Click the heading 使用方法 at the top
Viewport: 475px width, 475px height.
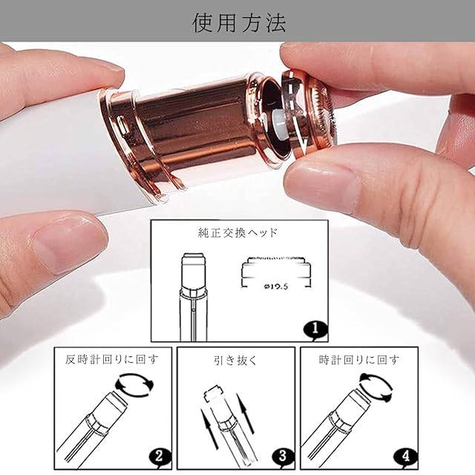coord(239,23)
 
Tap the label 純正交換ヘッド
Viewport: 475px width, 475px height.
coord(237,233)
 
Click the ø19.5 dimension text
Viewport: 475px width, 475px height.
coord(275,286)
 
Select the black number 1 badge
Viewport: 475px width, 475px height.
coord(315,330)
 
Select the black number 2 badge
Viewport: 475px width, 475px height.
coord(160,456)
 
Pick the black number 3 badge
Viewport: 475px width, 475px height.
coord(282,456)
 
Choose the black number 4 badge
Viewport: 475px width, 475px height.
coord(406,456)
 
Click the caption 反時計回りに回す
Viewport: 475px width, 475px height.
coord(112,359)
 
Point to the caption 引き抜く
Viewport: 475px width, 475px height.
coord(235,360)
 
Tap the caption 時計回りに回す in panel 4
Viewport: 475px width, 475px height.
coord(359,359)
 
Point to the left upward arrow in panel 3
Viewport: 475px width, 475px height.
coord(209,428)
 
